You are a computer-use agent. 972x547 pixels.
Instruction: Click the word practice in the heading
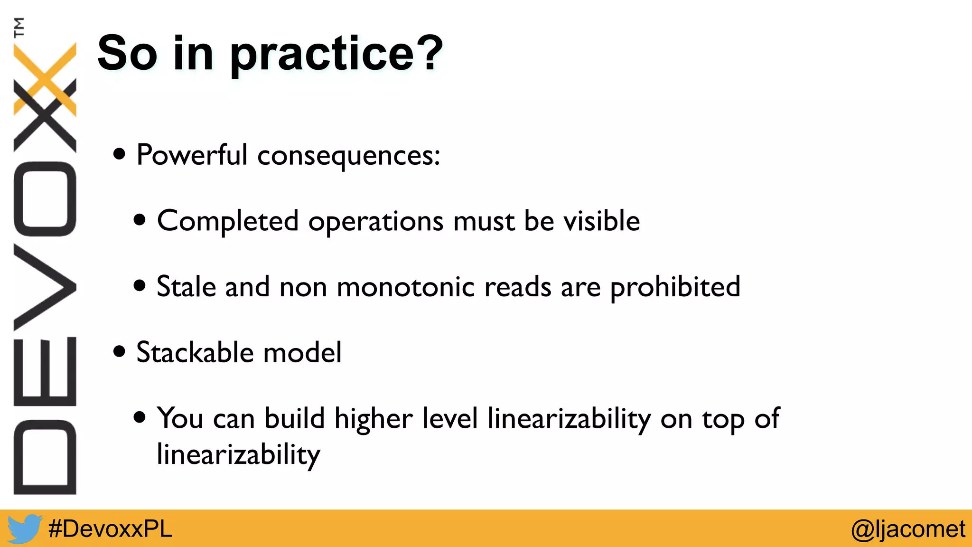coord(322,56)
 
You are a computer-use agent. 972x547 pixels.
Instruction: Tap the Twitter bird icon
coord(24,528)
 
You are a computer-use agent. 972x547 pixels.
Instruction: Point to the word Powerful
coord(192,155)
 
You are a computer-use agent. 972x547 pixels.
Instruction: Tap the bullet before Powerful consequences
coord(120,154)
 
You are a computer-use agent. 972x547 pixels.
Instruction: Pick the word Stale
coord(186,287)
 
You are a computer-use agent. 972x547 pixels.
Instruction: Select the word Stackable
coord(195,352)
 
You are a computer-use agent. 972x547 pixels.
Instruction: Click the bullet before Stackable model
coord(120,352)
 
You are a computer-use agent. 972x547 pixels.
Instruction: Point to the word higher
coord(373,419)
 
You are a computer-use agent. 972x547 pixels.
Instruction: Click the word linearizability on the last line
coord(238,455)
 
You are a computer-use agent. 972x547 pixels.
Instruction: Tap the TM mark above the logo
coord(19,27)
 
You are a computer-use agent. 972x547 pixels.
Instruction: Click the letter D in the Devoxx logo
coord(45,457)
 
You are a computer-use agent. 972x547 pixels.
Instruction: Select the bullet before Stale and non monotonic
coord(140,286)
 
